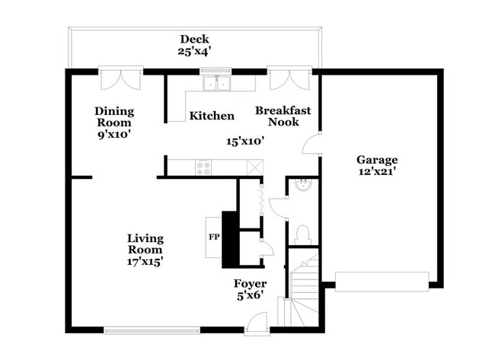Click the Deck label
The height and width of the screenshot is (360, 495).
click(x=194, y=39)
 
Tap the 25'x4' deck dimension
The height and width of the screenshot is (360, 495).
click(x=194, y=51)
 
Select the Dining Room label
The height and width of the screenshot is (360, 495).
click(x=114, y=116)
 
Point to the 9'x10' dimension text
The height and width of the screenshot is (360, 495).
click(x=114, y=135)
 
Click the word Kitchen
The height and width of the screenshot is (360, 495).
click(x=212, y=116)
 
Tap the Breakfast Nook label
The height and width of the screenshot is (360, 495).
click(x=283, y=116)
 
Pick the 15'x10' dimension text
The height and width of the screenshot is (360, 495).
click(x=245, y=141)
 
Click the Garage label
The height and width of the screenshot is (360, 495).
click(x=377, y=160)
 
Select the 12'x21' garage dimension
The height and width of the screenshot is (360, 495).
click(x=377, y=172)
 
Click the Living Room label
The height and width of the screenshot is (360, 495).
click(x=145, y=244)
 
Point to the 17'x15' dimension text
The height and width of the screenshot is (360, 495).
click(x=145, y=262)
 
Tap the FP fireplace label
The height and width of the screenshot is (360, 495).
click(x=214, y=237)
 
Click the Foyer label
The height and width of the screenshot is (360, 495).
click(x=250, y=284)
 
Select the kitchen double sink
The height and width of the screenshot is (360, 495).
click(x=216, y=83)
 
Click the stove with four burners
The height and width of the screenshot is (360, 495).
click(x=203, y=167)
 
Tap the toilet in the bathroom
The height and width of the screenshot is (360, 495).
click(x=304, y=234)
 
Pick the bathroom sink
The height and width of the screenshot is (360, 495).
click(x=303, y=185)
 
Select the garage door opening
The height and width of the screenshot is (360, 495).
click(x=382, y=282)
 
